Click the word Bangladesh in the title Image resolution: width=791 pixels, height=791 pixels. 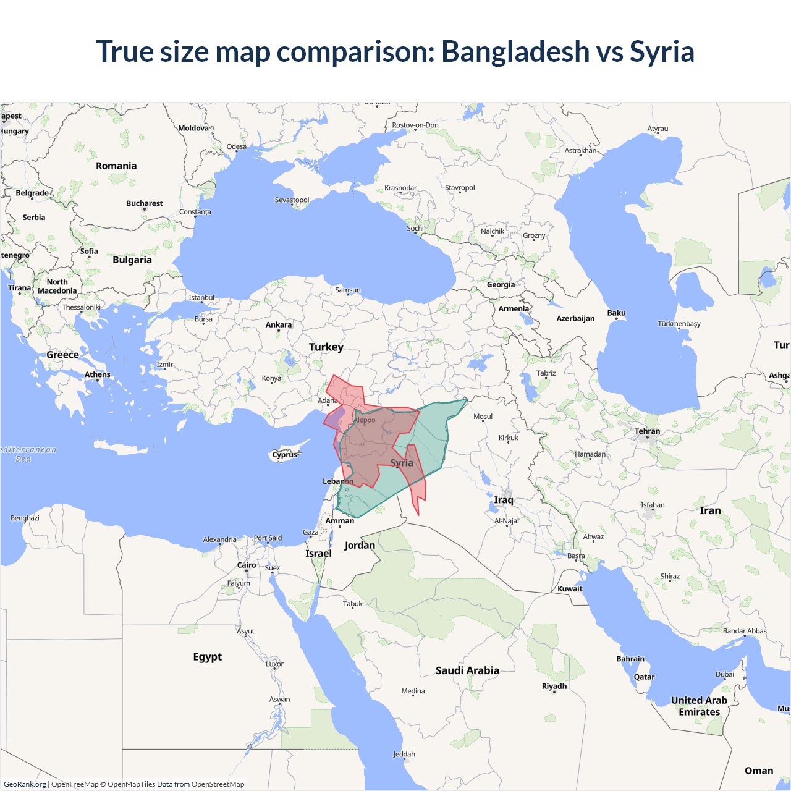515,51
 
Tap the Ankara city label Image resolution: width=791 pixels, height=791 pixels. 279,324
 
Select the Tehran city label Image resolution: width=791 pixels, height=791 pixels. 647,431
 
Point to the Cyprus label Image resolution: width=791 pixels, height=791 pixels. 285,455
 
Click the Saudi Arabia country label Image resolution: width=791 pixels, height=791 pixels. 467,670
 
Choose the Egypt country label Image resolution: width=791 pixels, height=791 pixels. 207,656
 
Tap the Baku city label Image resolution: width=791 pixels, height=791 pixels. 616,313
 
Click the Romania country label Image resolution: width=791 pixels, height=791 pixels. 116,166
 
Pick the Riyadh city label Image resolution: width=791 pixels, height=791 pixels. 554,686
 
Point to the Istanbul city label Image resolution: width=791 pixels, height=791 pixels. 201,297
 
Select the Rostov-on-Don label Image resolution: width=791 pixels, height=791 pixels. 415,125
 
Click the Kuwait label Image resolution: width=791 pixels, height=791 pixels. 570,589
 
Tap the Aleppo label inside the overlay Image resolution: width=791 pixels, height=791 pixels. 365,420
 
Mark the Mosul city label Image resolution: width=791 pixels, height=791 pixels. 483,417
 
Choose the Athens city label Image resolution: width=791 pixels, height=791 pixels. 98,374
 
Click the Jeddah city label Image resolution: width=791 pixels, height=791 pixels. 404,754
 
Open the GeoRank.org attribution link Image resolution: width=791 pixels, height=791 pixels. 25,784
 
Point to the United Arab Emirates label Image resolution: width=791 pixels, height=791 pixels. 700,706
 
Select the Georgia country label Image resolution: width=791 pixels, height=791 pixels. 501,285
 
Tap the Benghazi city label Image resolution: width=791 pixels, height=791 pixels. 25,518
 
